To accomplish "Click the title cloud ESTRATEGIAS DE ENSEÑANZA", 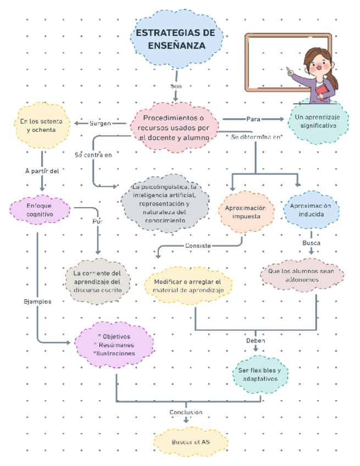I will click(x=176, y=40).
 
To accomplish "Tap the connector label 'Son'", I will click(x=176, y=86).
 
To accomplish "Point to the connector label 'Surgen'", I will click(x=100, y=124).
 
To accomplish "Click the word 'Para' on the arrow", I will click(x=253, y=119).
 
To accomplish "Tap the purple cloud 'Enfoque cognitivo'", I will click(x=40, y=209).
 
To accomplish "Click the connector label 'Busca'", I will click(x=311, y=242).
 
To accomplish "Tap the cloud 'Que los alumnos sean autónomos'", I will click(x=305, y=275).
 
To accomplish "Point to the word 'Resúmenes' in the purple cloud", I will click(x=116, y=345).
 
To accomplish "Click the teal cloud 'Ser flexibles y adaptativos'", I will click(x=263, y=374).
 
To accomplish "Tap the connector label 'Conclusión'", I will click(x=186, y=412).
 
